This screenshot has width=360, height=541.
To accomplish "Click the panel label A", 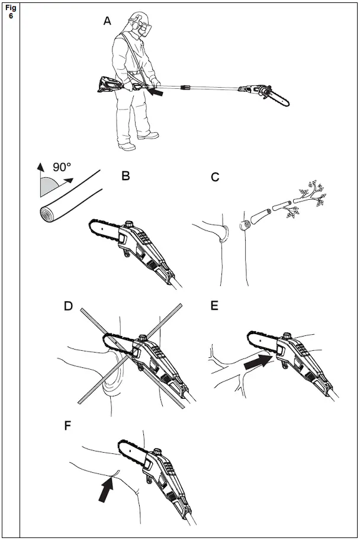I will (x=107, y=21).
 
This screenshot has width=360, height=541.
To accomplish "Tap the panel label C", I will (x=216, y=176).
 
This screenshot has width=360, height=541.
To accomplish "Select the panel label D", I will (x=69, y=306).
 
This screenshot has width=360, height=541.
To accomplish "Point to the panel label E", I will (x=214, y=306).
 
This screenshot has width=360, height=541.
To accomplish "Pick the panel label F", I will (x=69, y=425).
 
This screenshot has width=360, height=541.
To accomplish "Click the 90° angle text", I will (x=62, y=168).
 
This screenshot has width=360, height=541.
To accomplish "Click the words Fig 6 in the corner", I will (x=11, y=12).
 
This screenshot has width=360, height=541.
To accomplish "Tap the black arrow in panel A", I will (x=156, y=92).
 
